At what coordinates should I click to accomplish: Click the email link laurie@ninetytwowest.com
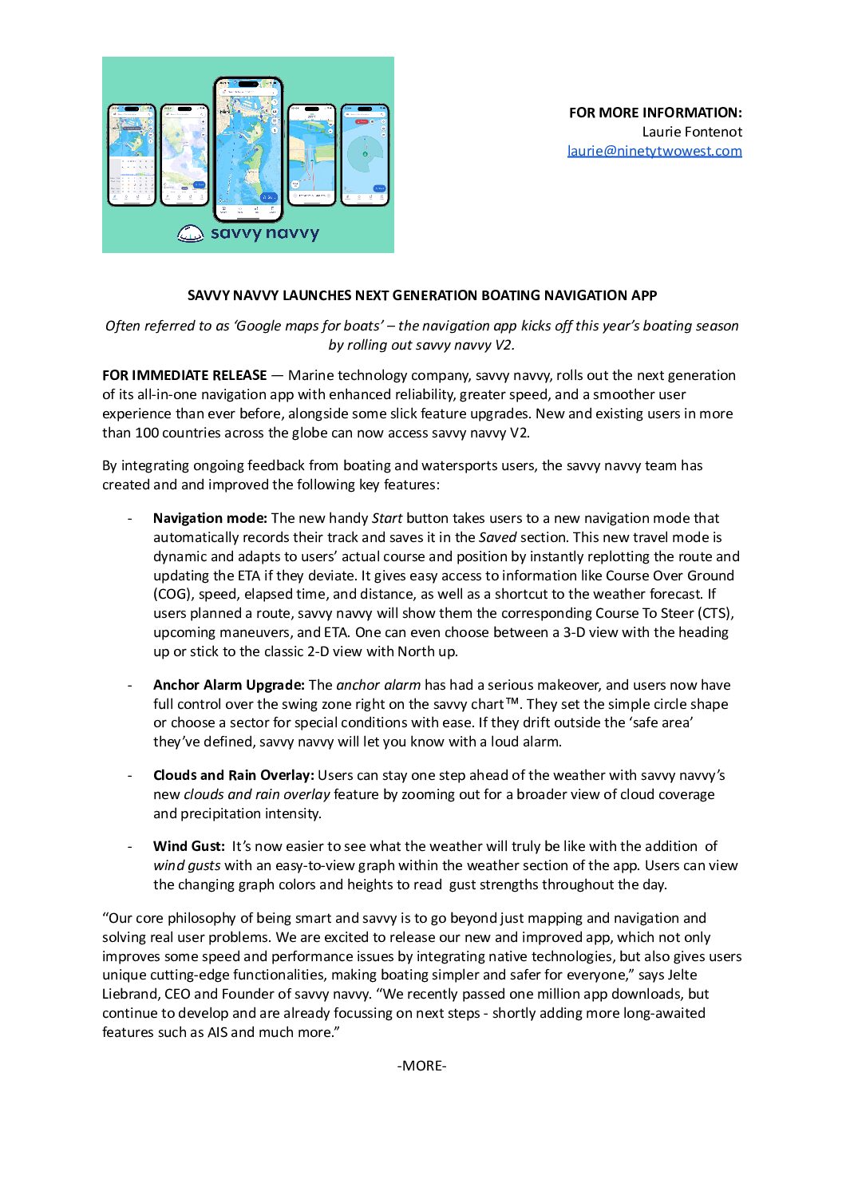(x=654, y=151)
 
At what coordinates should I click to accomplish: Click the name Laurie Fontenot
(x=692, y=132)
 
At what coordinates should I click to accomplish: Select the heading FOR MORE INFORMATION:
(x=655, y=113)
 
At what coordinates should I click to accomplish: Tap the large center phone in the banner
(x=248, y=148)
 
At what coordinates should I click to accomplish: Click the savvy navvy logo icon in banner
(x=190, y=234)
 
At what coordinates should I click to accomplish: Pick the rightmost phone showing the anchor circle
(x=365, y=154)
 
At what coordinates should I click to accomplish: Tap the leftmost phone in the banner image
(x=132, y=154)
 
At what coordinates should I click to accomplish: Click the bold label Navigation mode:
(x=210, y=518)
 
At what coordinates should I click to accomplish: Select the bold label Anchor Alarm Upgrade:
(x=228, y=685)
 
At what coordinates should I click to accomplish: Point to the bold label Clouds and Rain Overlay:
(x=233, y=775)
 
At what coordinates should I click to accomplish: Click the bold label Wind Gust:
(x=188, y=846)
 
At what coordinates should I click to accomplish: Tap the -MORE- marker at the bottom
(x=421, y=1066)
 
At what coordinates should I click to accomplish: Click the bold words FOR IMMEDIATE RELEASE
(x=184, y=375)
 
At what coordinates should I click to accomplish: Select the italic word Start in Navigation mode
(x=387, y=518)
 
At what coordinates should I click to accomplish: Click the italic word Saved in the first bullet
(x=497, y=537)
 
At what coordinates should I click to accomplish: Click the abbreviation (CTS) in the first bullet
(x=715, y=613)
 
